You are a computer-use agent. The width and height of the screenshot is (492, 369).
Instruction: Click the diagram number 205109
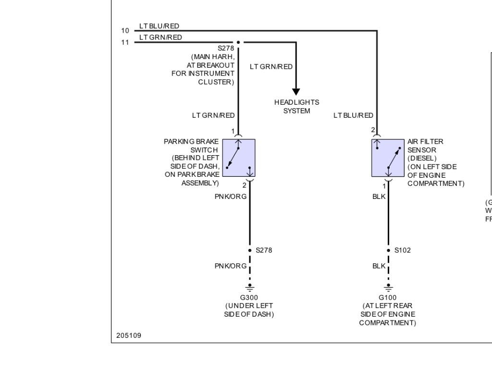[x=129, y=335]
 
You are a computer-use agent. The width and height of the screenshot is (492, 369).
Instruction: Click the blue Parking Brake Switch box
[x=239, y=158]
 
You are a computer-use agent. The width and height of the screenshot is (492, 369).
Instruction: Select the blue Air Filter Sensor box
[x=388, y=158]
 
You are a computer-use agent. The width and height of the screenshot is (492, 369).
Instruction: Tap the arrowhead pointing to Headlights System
[x=296, y=91]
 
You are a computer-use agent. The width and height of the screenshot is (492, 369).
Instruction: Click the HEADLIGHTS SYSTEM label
[x=296, y=107]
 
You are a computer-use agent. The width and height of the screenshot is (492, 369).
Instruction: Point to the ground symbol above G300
[x=250, y=288]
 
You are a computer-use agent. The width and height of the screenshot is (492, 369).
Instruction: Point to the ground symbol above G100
[x=388, y=288]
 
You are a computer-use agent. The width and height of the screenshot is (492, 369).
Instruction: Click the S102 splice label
[x=403, y=250]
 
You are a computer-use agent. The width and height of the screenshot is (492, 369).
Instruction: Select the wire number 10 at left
[x=125, y=31]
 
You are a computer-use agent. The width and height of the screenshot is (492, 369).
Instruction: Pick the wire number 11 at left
[x=125, y=42]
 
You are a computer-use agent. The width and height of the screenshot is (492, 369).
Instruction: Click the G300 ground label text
[x=249, y=297]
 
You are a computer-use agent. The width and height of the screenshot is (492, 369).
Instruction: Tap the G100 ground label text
[x=387, y=297]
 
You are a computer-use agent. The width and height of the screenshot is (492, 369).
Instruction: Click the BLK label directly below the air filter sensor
[x=379, y=196]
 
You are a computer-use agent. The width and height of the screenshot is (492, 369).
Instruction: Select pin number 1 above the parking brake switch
[x=233, y=131]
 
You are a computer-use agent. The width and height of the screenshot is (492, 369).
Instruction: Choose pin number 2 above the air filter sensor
[x=373, y=130]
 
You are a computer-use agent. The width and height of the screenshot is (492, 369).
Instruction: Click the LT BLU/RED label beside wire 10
[x=159, y=26]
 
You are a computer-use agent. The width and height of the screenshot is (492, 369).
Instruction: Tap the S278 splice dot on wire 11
[x=238, y=42]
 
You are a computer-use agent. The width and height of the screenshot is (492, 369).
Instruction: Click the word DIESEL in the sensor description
[x=422, y=158]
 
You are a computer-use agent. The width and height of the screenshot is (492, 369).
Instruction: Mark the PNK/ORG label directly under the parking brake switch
[x=231, y=196]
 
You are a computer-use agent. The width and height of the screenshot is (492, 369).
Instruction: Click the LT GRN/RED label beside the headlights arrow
[x=271, y=67]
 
